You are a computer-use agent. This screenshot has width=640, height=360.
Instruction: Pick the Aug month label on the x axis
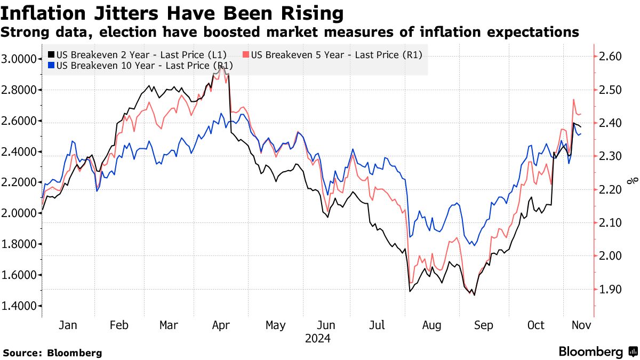point(431,325)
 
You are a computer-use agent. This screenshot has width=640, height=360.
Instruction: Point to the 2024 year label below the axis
point(318,338)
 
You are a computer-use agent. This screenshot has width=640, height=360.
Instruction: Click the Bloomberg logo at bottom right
point(597,351)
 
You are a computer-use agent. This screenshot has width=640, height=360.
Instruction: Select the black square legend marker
point(51,54)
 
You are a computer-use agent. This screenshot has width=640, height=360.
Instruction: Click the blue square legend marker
point(51,66)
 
